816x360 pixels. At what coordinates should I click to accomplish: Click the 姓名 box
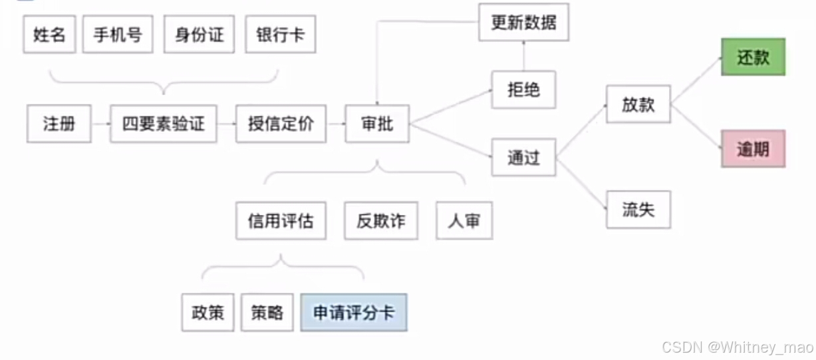(50, 35)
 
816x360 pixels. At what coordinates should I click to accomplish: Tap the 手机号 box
(118, 35)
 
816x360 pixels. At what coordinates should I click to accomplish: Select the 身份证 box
(200, 35)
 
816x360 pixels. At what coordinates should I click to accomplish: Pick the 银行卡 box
(280, 35)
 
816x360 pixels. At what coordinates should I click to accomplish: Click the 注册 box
(59, 124)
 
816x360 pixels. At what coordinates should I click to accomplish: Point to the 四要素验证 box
(164, 124)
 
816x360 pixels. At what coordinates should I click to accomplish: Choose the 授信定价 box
(281, 124)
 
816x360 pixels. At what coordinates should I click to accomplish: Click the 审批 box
(377, 124)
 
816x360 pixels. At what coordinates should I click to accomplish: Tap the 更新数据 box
(524, 23)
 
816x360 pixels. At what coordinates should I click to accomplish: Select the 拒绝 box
(523, 90)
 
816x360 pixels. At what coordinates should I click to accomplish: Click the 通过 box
(523, 158)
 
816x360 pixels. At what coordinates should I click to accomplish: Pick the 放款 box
(638, 104)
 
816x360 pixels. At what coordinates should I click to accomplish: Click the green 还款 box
(753, 57)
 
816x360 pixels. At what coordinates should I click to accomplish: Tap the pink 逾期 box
(753, 148)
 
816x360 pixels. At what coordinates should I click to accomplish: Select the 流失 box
(638, 210)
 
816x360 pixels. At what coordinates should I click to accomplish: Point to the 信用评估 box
(281, 221)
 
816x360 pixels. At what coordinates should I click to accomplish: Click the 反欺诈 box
(381, 221)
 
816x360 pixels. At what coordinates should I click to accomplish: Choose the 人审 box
(464, 221)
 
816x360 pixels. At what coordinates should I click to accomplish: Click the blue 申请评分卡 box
(354, 313)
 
